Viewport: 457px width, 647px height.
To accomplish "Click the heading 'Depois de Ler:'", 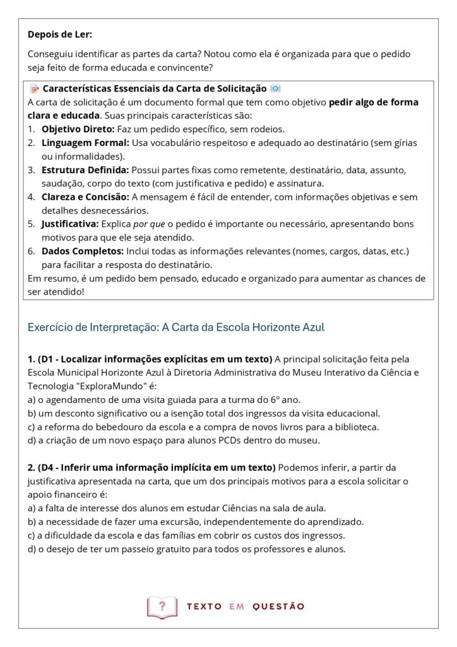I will click(59, 34).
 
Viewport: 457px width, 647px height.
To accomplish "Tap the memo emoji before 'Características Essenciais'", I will click(35, 89).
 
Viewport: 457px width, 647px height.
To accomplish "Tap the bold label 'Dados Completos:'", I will click(81, 251).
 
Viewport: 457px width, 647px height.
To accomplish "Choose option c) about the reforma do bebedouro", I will click(203, 426).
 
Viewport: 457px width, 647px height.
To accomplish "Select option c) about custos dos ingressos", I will click(186, 535).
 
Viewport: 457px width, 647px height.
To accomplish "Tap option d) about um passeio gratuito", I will click(186, 548).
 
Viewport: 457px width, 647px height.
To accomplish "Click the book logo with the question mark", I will click(162, 607).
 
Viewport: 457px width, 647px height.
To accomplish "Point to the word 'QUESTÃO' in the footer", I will click(278, 607).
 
